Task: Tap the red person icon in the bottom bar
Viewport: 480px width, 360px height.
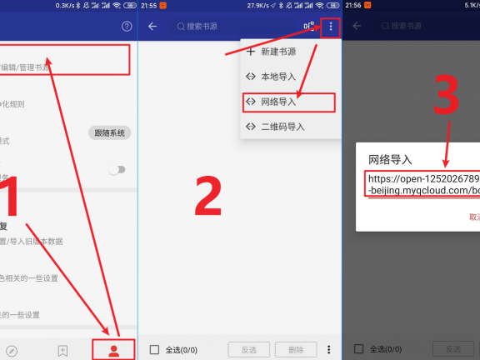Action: pyautogui.click(x=114, y=350)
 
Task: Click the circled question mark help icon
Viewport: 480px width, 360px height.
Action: pyautogui.click(x=127, y=27)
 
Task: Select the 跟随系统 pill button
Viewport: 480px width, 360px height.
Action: pyautogui.click(x=109, y=133)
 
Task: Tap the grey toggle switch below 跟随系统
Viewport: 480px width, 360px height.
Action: pyautogui.click(x=117, y=169)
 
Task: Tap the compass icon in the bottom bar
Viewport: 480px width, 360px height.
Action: pyautogui.click(x=12, y=350)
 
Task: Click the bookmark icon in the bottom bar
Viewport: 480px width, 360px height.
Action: pyautogui.click(x=62, y=350)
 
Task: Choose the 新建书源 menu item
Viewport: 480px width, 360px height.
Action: pyautogui.click(x=275, y=52)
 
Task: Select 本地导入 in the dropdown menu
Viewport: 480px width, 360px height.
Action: pyautogui.click(x=275, y=77)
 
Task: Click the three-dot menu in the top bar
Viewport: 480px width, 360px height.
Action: pyautogui.click(x=331, y=27)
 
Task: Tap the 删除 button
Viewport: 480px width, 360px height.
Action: pyautogui.click(x=296, y=349)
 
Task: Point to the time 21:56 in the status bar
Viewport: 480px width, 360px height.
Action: pyautogui.click(x=353, y=5)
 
